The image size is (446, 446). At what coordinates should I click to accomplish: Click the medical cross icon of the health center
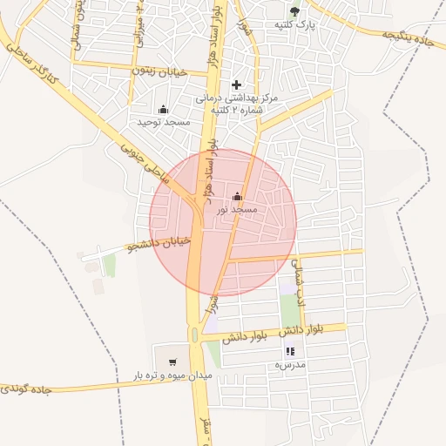coord(236,85)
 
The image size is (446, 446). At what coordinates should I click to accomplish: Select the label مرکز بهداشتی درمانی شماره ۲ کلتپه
coord(236,107)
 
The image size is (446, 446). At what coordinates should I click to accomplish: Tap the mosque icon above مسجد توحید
coord(163,110)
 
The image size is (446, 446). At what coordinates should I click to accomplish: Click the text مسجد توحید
coord(163,124)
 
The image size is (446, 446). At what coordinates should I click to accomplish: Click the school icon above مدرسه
coord(290,351)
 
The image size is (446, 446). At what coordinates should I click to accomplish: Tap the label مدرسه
coord(290,365)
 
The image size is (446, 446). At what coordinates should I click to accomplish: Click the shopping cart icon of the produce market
coord(172,362)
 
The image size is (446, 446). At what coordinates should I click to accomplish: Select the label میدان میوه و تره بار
coord(172,375)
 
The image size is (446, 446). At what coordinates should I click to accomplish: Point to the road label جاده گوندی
coord(28,389)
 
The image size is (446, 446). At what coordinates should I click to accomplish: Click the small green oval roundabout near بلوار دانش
coord(193,335)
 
